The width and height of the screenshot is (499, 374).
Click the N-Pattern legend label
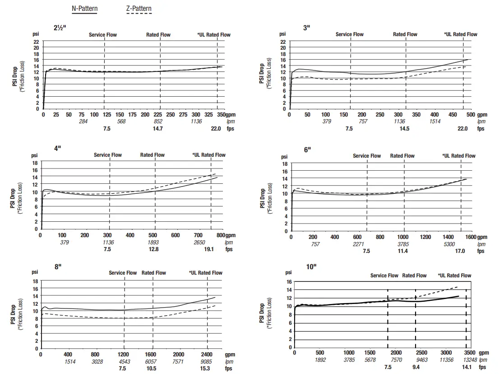coord(84,9)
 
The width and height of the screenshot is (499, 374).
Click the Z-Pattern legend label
coord(139,9)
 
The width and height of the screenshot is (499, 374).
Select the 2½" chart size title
coord(60,28)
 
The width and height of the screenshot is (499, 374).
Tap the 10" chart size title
coord(311,267)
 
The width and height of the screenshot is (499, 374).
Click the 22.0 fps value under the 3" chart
coord(462,129)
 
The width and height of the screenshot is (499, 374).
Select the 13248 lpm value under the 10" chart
coord(469,360)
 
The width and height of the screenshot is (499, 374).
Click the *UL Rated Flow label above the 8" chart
coord(205,273)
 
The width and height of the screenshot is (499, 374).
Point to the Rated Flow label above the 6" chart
coord(402,156)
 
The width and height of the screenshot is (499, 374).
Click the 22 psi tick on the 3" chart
coord(283,42)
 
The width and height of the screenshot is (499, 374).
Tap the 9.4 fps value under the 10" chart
coord(416,367)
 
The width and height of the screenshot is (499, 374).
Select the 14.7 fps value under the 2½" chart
coord(157,129)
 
